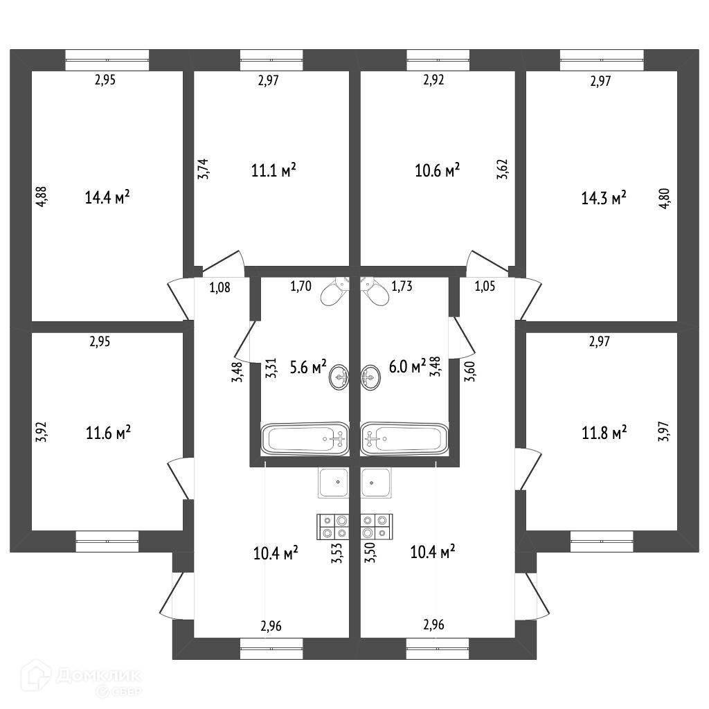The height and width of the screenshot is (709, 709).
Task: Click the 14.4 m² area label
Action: click(x=107, y=198)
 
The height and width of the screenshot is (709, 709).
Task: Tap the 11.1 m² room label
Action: click(x=274, y=170)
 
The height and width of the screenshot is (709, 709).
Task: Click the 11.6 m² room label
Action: click(x=108, y=433)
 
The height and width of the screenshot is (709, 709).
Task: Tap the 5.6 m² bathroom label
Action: click(x=308, y=368)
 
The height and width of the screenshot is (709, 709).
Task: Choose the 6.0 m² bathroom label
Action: click(x=408, y=367)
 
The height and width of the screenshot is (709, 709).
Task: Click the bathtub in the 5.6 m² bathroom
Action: click(x=305, y=438)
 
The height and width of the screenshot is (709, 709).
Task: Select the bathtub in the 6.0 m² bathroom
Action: click(x=404, y=438)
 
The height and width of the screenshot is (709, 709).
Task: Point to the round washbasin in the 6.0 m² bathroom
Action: click(x=370, y=378)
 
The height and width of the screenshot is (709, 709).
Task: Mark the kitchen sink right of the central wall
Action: click(x=377, y=482)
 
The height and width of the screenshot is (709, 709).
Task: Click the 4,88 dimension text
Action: click(x=42, y=197)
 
